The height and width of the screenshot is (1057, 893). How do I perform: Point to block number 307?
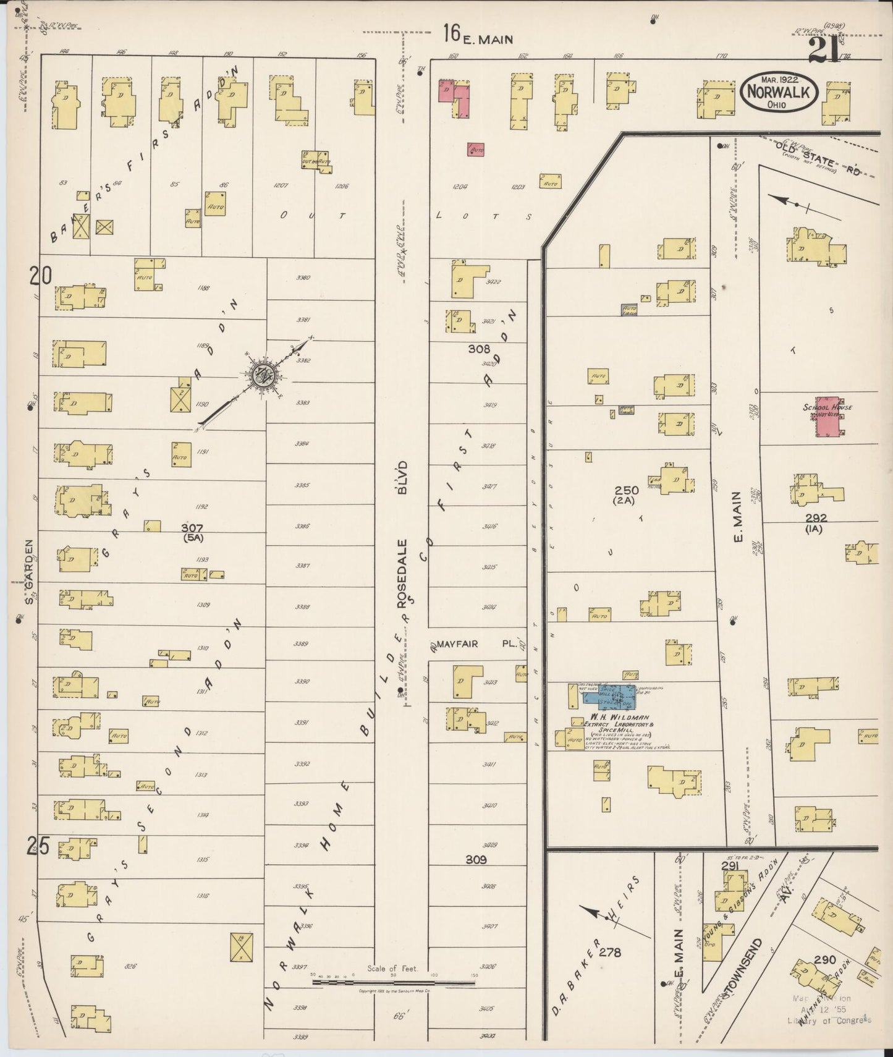pyautogui.click(x=192, y=527)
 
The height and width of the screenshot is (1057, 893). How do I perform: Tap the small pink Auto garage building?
pyautogui.click(x=475, y=150)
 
